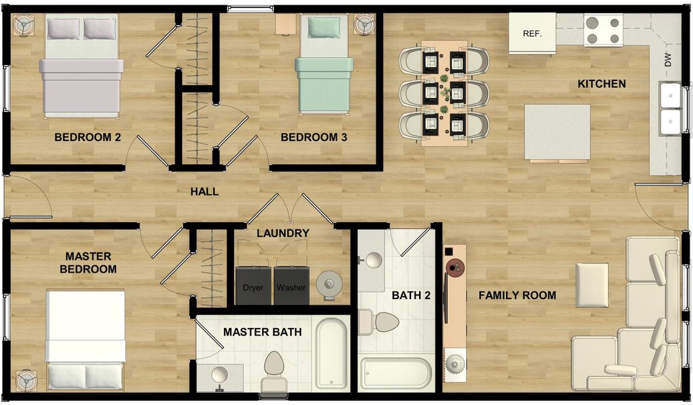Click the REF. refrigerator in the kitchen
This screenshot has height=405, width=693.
[532, 33]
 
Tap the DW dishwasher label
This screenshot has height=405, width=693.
[668, 60]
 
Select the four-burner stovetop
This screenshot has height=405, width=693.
[603, 30]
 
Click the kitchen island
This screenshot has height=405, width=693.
[557, 132]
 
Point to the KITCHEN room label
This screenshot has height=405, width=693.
[601, 84]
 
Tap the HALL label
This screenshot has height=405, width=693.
[204, 192]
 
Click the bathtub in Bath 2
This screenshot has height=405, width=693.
[395, 373]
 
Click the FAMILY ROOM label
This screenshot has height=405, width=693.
[517, 295]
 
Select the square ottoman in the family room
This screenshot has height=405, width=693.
[591, 285]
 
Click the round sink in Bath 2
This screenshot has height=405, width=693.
[372, 261]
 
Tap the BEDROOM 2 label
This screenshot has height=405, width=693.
[88, 138]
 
